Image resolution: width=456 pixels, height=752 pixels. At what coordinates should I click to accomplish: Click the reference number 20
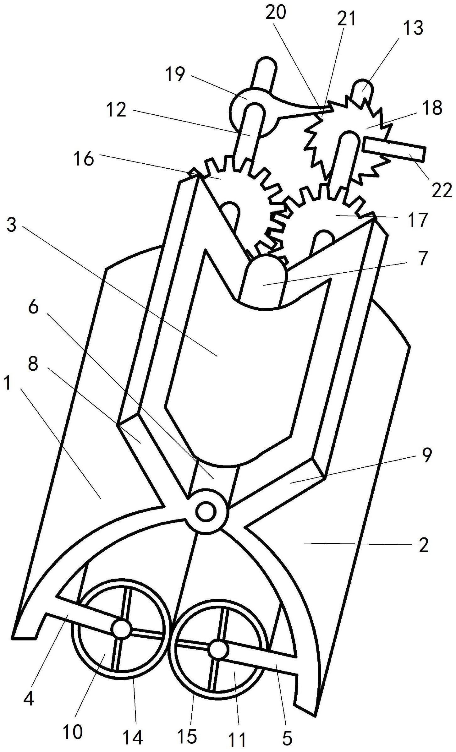tap(276, 13)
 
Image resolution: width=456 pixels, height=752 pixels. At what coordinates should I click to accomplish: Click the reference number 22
tap(442, 190)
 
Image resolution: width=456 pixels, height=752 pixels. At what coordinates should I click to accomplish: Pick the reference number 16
tap(84, 159)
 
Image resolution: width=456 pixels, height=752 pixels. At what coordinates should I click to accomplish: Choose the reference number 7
tap(423, 258)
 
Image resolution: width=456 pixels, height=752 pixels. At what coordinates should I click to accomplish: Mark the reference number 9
tap(426, 456)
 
